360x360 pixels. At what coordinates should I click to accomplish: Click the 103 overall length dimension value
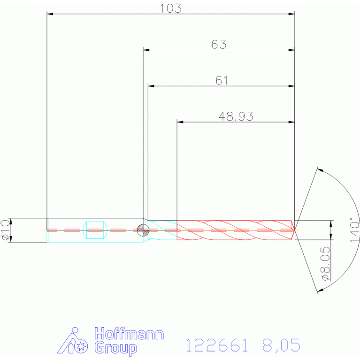(170, 8)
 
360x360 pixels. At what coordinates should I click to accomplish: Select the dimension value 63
(219, 44)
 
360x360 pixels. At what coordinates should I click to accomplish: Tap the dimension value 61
(222, 80)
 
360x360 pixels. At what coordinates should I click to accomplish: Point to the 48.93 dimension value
(236, 116)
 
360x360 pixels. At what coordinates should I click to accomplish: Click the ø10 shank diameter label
(6, 230)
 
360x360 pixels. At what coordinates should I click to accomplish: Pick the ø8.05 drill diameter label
(326, 263)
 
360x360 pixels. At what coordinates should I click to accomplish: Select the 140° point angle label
(354, 230)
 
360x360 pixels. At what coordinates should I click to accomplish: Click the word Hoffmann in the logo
(129, 334)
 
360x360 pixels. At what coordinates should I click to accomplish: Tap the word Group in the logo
(116, 348)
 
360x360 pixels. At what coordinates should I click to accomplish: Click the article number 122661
(217, 345)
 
